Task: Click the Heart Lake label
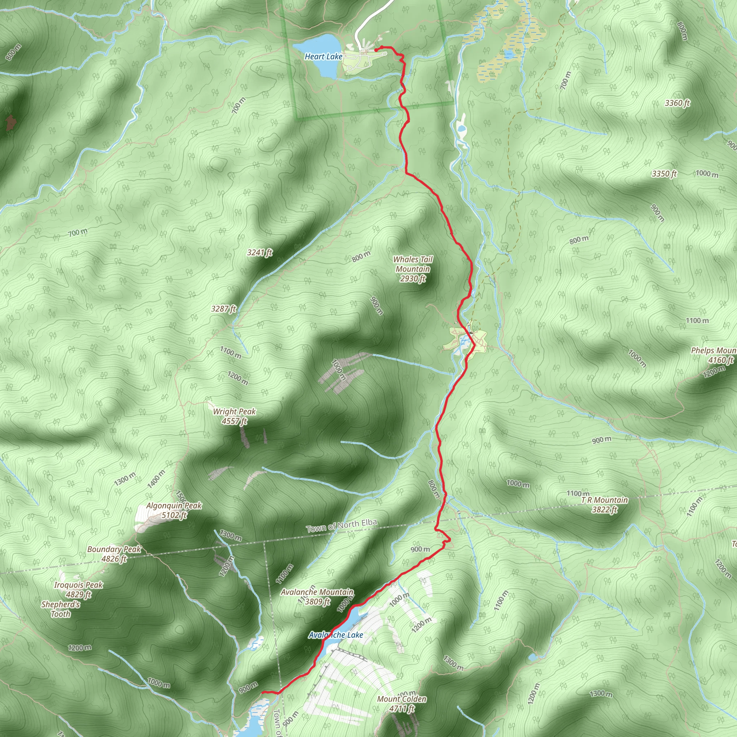(323, 56)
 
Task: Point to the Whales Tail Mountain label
(413, 269)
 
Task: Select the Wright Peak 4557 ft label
(234, 416)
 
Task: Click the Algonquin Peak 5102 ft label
(174, 510)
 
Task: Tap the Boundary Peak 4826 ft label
(114, 554)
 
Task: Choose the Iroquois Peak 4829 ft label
(78, 590)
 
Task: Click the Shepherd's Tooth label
(61, 609)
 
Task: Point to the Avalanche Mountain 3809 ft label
(317, 597)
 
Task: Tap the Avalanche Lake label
(336, 635)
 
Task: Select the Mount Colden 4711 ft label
(402, 704)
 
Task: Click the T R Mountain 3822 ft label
(605, 505)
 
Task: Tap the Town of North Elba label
(342, 526)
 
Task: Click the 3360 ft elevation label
(677, 103)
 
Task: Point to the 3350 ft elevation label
(664, 174)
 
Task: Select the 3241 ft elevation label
(260, 253)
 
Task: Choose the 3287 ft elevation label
(224, 309)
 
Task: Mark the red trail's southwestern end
(262, 692)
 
